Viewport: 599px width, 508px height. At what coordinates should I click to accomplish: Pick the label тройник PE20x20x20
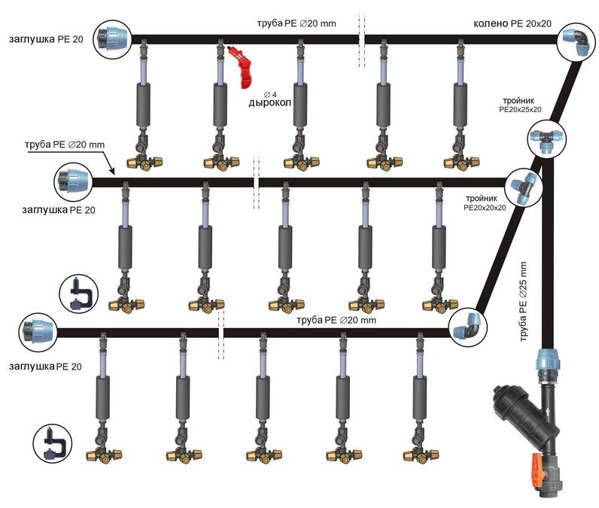click(x=485, y=202)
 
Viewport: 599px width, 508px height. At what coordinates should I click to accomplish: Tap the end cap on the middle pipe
click(x=74, y=181)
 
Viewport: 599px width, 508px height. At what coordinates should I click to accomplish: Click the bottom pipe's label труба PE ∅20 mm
click(x=336, y=320)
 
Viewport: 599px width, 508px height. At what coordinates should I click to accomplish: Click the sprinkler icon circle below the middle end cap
click(x=78, y=294)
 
